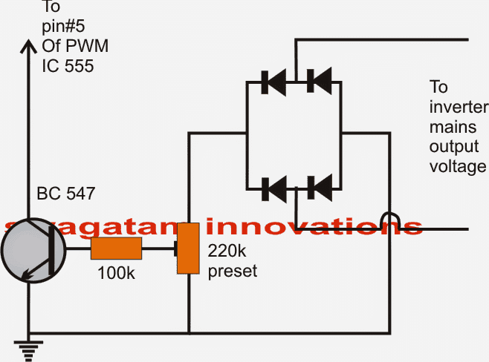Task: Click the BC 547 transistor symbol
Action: point(33,251)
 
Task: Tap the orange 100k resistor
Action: point(117,249)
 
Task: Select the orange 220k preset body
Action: point(188,249)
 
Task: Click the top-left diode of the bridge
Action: point(273,82)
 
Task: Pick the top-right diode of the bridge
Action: point(320,82)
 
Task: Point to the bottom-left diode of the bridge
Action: point(274,189)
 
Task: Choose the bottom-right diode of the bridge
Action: point(320,188)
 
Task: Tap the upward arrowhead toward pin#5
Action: point(28,47)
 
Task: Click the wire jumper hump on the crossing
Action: point(390,220)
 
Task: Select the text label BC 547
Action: point(66,194)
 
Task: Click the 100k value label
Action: point(117,273)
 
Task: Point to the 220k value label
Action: point(227,251)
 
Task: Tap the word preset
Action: point(233,271)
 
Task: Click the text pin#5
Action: point(63,26)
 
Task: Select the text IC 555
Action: point(68,66)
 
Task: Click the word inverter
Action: point(459,107)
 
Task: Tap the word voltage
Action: point(458,167)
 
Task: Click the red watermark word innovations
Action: point(314,227)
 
